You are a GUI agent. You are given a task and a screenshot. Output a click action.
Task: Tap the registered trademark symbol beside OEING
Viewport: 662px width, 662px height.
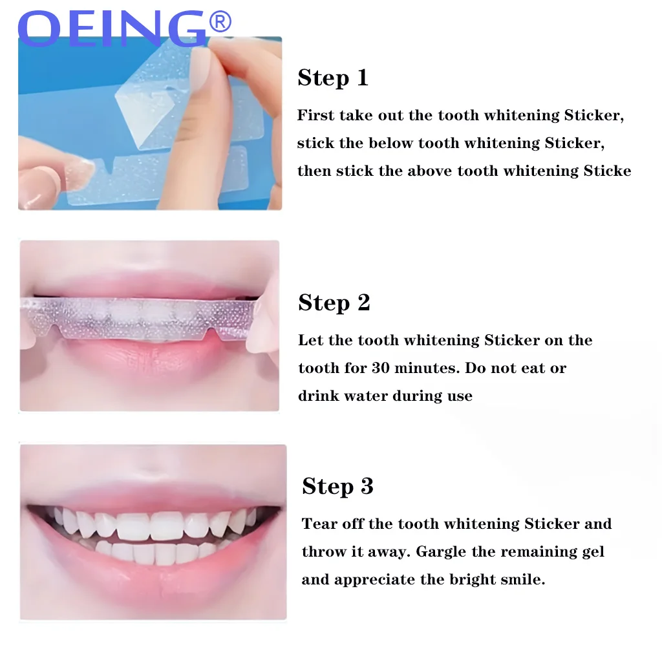click(x=220, y=23)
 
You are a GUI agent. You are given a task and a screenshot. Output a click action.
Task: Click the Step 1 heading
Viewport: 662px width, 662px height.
click(x=332, y=78)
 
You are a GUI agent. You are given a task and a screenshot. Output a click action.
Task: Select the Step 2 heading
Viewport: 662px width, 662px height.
click(x=334, y=303)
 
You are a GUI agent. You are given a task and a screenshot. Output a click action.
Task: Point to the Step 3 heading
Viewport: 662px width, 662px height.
click(x=337, y=486)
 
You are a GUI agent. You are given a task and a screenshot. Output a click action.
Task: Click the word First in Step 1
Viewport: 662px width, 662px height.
click(x=315, y=115)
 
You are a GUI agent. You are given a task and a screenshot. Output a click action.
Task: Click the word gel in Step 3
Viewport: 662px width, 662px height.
click(x=593, y=551)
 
